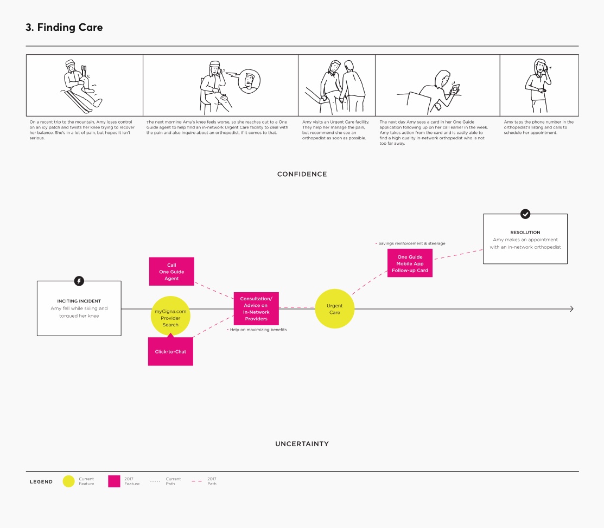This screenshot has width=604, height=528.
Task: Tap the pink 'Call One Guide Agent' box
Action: coord(171,271)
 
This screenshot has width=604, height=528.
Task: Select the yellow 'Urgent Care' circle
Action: coord(334,308)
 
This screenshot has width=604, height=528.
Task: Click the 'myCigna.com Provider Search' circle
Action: coord(170,315)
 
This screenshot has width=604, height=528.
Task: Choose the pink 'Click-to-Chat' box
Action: coord(170,351)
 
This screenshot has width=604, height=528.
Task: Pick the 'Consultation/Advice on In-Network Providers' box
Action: coord(256,308)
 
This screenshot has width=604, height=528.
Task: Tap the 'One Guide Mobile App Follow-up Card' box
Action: coord(410,263)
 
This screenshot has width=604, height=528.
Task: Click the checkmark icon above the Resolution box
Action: coord(525,214)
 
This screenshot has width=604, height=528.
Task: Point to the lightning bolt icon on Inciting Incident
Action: coord(79,281)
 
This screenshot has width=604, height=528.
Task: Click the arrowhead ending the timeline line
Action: coord(571,308)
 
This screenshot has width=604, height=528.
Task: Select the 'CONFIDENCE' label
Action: coord(302,174)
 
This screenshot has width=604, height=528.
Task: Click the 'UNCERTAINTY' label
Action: coord(302,444)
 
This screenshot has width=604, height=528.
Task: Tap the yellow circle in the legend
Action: coord(68,481)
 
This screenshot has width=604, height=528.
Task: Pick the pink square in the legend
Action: coord(114,481)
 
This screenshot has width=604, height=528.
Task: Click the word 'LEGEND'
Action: coord(41,481)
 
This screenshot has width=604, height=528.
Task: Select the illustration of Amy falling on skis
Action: coord(81,86)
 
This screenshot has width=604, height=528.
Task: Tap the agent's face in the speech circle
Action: coord(250,81)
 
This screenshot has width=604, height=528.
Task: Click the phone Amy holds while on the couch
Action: coord(455,89)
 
